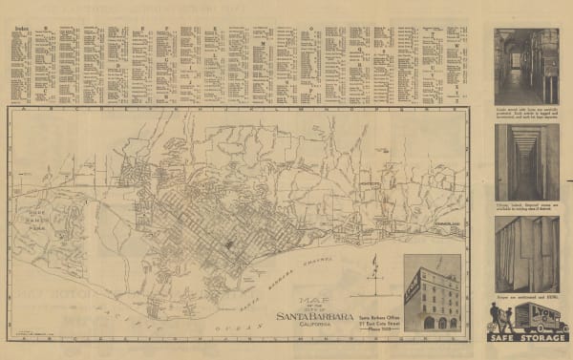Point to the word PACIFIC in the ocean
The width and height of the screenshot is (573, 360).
point(134,307)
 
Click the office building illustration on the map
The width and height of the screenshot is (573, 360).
point(431,296)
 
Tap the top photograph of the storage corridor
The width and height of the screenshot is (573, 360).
point(525,66)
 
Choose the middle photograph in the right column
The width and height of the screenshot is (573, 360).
point(525,162)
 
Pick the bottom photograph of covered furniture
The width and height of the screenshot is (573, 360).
point(525,254)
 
